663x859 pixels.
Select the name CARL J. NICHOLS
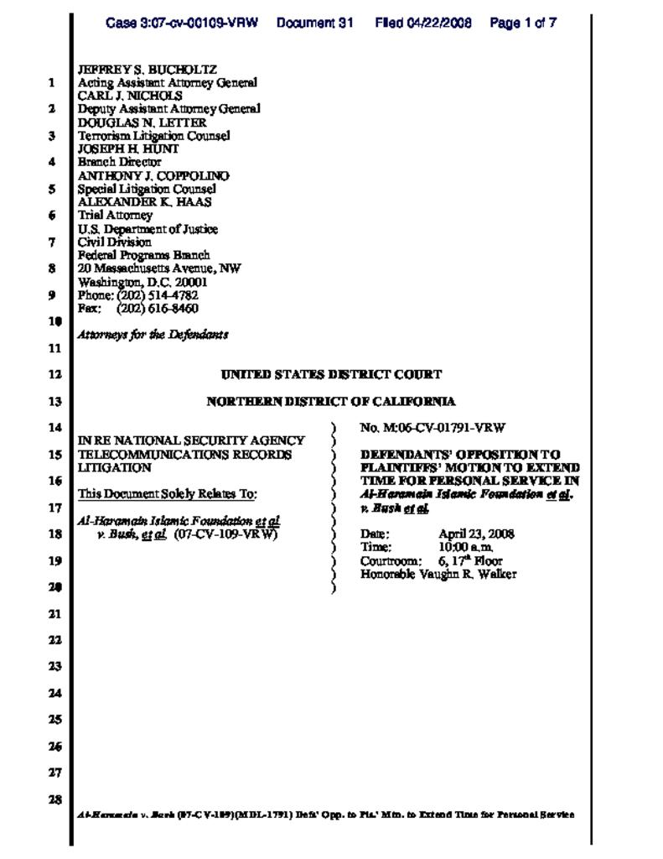(130, 96)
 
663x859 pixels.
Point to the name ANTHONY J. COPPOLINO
(153, 176)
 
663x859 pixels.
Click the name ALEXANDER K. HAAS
(144, 202)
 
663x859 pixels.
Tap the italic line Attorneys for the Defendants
(153, 335)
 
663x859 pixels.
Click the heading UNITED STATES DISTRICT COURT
(331, 375)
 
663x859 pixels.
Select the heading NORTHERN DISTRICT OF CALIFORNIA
(331, 402)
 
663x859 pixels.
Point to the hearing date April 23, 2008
(476, 534)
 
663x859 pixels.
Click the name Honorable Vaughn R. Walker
(438, 575)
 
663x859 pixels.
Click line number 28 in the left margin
(54, 799)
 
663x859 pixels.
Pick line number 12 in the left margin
(54, 375)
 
